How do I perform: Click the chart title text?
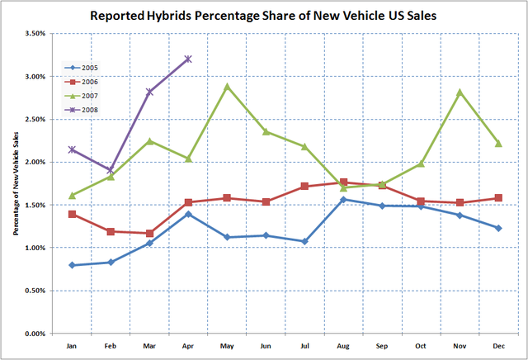[x=264, y=16]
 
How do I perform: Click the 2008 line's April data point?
[x=188, y=59]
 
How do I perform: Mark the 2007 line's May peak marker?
[x=227, y=87]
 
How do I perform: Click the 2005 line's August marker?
[x=343, y=199]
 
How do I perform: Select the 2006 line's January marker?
[x=73, y=214]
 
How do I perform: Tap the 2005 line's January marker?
[x=73, y=265]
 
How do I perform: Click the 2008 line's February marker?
[x=111, y=170]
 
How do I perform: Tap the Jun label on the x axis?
[x=266, y=347]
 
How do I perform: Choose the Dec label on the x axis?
[x=499, y=347]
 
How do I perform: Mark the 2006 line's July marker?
[x=304, y=187]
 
